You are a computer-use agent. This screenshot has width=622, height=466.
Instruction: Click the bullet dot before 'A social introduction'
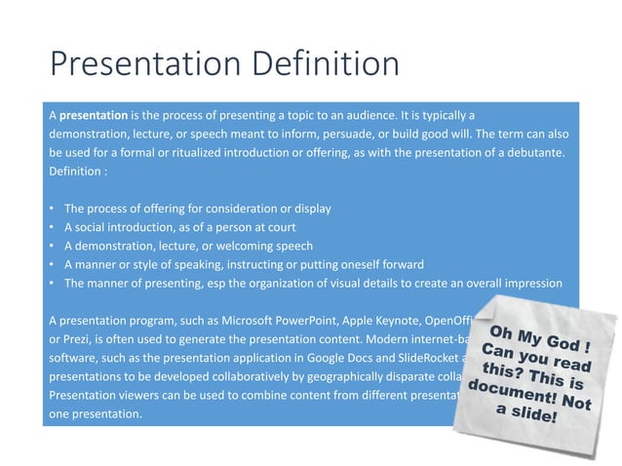click(x=51, y=227)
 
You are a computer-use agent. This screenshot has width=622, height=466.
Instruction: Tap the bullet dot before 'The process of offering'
click(x=51, y=209)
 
